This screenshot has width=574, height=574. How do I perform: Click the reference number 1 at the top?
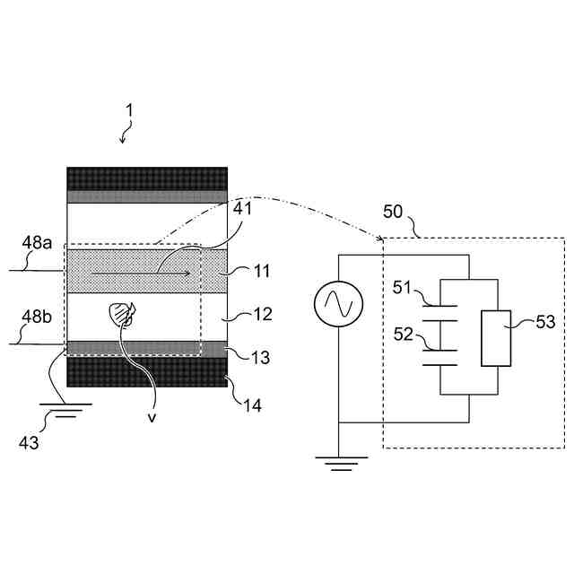point(129,110)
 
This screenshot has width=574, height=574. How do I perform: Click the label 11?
point(260,270)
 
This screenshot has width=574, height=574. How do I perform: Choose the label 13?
point(260,358)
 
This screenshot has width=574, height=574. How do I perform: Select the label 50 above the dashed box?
point(394,213)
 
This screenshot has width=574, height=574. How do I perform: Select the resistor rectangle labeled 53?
point(495,337)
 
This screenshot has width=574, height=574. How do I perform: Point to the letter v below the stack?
point(151,415)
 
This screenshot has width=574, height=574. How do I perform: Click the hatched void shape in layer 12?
point(122,313)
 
